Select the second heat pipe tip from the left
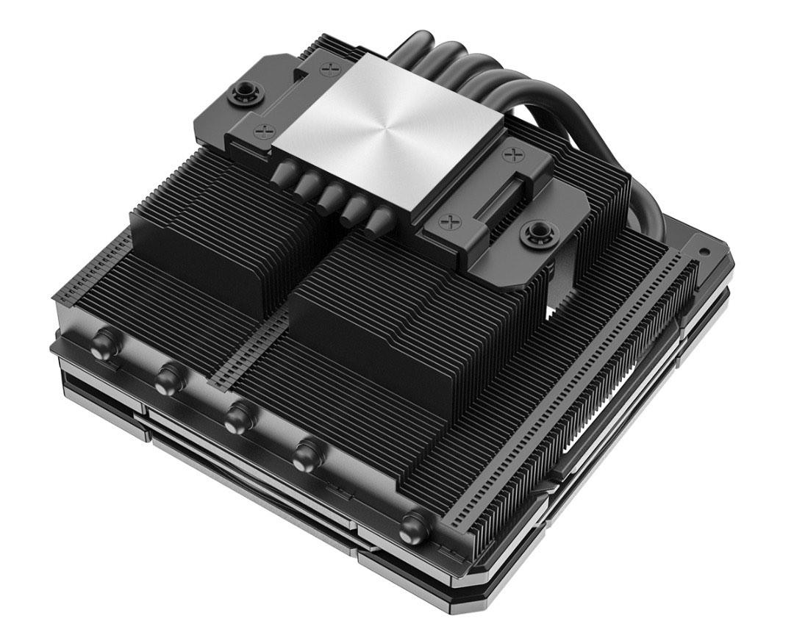pos(168,379)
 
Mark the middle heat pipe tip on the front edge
pos(237,417)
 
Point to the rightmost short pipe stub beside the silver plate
pos(379,218)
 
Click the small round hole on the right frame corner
pos(704,251)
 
